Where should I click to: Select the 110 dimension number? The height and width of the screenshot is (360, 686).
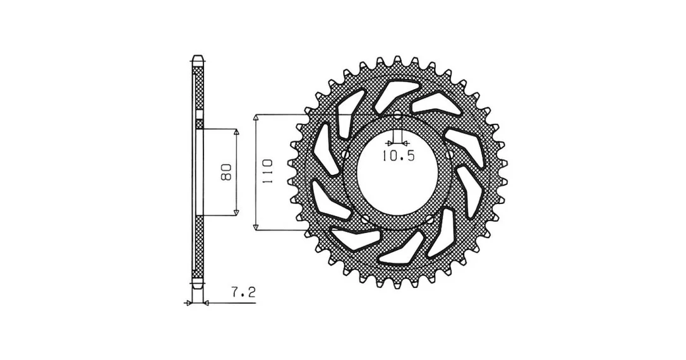[x=267, y=171]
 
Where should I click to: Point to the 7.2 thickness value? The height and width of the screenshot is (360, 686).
[x=243, y=292]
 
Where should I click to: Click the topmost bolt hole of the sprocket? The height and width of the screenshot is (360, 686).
[x=397, y=116]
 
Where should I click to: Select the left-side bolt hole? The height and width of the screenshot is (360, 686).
[x=345, y=154]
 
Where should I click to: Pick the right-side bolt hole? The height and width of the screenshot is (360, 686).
[x=449, y=154]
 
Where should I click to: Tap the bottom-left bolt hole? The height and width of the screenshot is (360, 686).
[x=365, y=219]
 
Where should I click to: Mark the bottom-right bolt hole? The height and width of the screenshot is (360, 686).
[x=430, y=219]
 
